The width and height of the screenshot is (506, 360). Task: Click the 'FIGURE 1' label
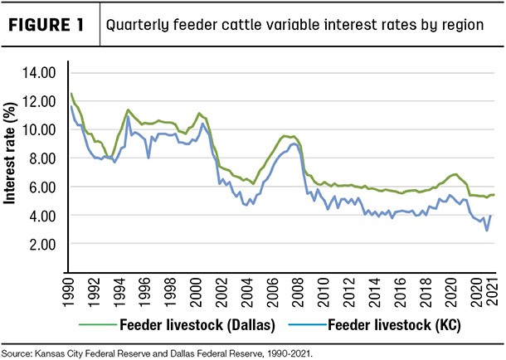pyautogui.click(x=46, y=25)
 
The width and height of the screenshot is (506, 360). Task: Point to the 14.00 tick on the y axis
pyautogui.click(x=39, y=73)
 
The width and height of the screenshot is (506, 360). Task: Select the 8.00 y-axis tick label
pyautogui.click(x=42, y=158)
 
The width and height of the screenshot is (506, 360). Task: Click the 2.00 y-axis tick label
pyautogui.click(x=42, y=244)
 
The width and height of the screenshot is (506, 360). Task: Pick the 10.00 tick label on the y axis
pyautogui.click(x=39, y=129)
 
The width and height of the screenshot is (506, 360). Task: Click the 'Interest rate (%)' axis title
pyautogui.click(x=9, y=153)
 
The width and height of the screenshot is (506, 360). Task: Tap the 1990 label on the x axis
pyautogui.click(x=69, y=292)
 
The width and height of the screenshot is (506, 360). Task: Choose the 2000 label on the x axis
pyautogui.click(x=196, y=292)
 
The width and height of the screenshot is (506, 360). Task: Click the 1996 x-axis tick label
pyautogui.click(x=145, y=292)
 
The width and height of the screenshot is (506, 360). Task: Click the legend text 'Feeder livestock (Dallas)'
pyautogui.click(x=197, y=325)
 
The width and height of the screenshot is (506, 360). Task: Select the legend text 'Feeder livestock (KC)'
pyautogui.click(x=394, y=325)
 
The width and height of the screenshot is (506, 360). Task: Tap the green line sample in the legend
pyautogui.click(x=97, y=324)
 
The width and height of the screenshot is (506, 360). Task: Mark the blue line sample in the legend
pyautogui.click(x=308, y=324)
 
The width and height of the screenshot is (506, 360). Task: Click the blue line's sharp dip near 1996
pyautogui.click(x=148, y=158)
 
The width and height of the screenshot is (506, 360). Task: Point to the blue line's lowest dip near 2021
pyautogui.click(x=487, y=231)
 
